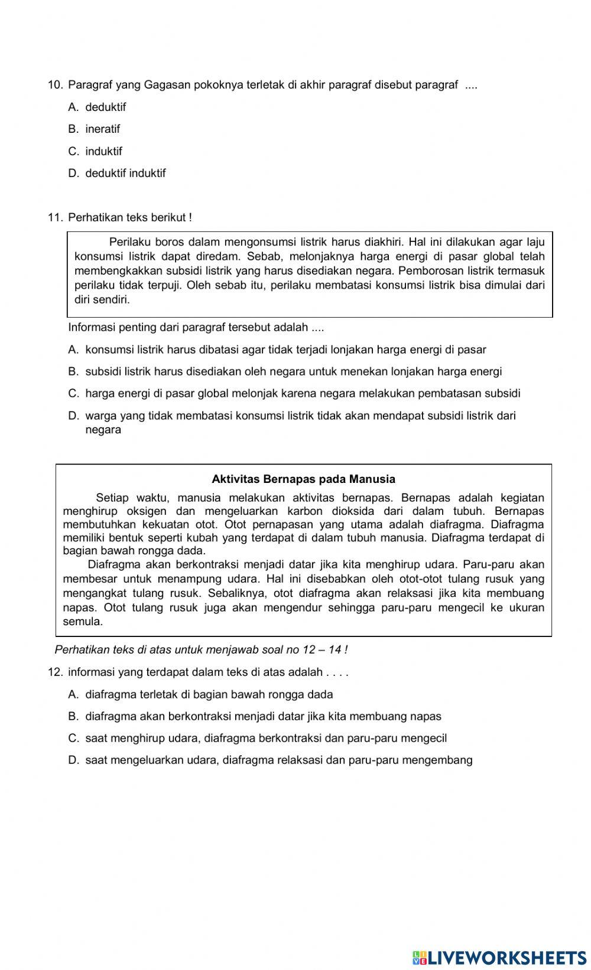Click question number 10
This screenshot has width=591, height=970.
coord(54,85)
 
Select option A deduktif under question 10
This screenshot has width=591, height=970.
coord(105,107)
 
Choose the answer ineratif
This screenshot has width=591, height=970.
coord(102,129)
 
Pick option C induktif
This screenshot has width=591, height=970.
coord(103,151)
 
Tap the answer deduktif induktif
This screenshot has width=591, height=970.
coord(125,173)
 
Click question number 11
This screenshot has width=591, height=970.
coord(54,217)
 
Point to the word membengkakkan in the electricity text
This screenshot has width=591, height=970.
coord(111,270)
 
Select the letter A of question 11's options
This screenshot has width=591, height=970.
coord(73,350)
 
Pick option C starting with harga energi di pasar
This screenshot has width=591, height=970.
coord(303,393)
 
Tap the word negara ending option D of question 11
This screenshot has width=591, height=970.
coord(103,430)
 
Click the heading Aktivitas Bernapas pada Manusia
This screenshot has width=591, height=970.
coord(303,479)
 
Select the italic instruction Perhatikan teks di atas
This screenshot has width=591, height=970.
coord(201,650)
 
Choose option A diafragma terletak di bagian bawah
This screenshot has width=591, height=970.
coord(209,694)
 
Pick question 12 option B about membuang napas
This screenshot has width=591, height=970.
coord(263,716)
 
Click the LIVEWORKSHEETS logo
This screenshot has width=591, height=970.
coord(499,958)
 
